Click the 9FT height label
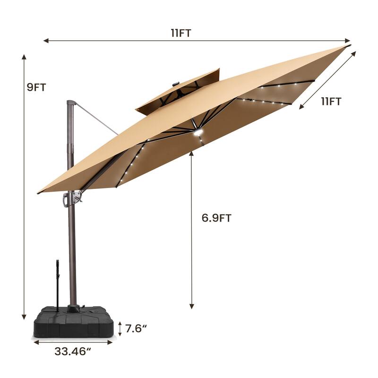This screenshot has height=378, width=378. point(36,87)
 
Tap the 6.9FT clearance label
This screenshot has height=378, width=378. point(216,218)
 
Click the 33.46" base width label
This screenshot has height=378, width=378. point(73,352)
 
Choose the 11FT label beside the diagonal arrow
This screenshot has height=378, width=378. point(331,101)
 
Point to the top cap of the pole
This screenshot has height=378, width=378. point(71,103)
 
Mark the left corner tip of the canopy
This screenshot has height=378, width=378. point(39,193)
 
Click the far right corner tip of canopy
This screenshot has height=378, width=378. point(349,46)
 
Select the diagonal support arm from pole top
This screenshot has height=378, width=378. point(97,118)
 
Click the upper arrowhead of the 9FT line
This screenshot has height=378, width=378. point(24,56)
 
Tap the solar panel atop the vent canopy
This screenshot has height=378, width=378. point(176,84)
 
